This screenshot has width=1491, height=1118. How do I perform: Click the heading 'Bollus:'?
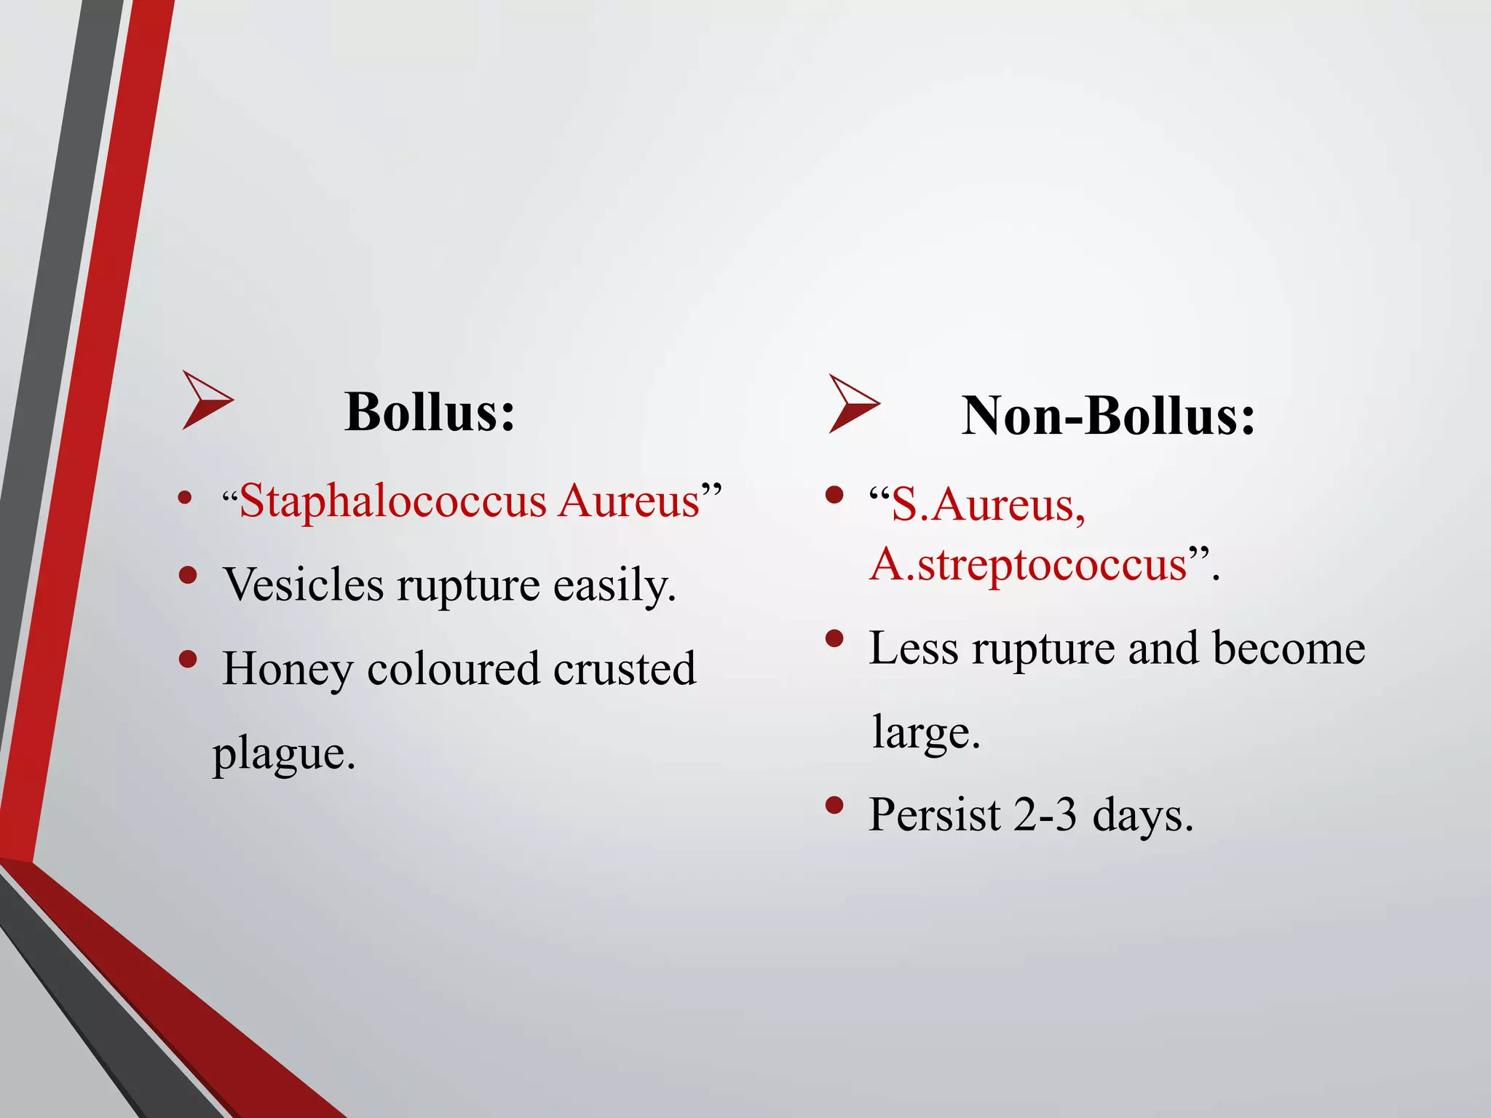click(x=430, y=412)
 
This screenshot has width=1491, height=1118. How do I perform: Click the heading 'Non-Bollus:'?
click(x=1108, y=416)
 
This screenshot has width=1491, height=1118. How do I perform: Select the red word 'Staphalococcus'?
click(x=392, y=501)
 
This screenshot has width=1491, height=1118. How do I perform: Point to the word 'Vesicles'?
click(x=304, y=584)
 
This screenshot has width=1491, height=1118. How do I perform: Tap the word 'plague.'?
click(x=284, y=754)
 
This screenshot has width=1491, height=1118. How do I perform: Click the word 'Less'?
click(x=914, y=649)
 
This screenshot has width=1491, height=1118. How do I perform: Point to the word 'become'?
click(x=1289, y=649)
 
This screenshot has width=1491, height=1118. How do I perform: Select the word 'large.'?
click(x=926, y=732)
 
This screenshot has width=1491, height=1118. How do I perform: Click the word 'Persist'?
click(x=934, y=814)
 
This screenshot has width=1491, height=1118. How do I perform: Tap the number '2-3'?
click(x=1045, y=814)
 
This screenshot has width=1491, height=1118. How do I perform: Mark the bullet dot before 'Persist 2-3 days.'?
click(x=834, y=805)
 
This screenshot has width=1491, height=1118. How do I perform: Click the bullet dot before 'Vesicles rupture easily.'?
click(x=188, y=575)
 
